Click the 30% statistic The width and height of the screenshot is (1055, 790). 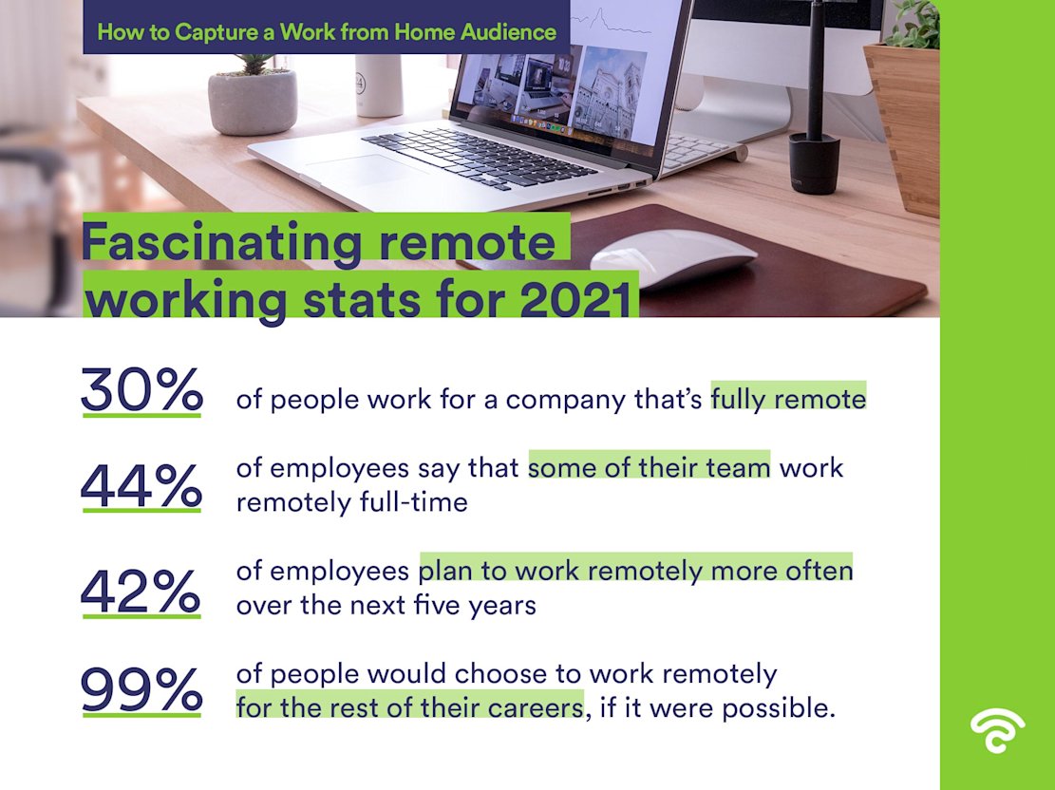(x=141, y=390)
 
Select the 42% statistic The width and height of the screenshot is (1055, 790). (x=141, y=592)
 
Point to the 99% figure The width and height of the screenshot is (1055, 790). (x=141, y=690)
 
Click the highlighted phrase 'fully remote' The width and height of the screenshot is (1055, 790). (x=788, y=399)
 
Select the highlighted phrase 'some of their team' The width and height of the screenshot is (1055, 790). (x=649, y=468)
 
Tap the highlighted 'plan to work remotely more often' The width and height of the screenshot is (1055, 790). (x=635, y=572)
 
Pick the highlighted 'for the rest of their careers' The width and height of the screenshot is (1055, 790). (x=409, y=707)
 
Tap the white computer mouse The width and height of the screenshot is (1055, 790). (x=673, y=254)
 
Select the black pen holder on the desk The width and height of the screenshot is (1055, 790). (x=814, y=162)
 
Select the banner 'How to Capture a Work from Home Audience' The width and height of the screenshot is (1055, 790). (x=327, y=31)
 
